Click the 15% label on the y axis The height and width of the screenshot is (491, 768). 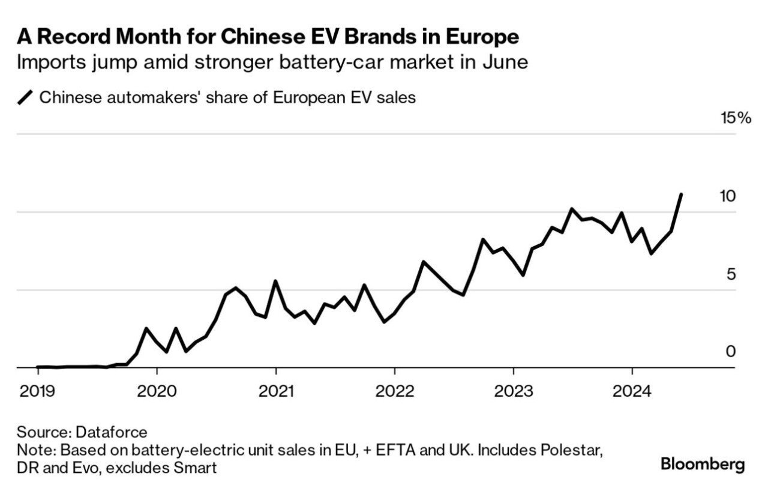[736, 118]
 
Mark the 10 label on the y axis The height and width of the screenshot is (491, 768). [727, 196]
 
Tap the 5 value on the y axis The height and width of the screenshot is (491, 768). [731, 274]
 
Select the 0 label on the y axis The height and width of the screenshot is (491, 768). [731, 351]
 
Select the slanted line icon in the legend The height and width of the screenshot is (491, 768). [26, 97]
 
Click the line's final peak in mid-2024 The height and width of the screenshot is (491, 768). [681, 194]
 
